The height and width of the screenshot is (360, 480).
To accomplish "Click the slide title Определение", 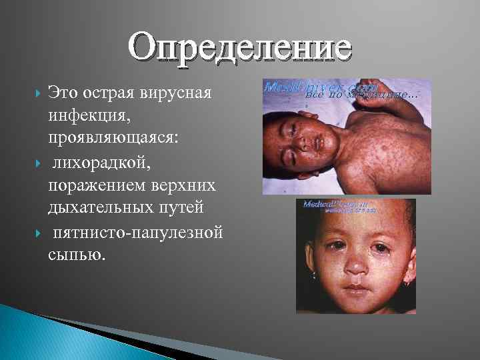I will [x=240, y=48].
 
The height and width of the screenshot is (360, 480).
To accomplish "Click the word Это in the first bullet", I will [x=64, y=93].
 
